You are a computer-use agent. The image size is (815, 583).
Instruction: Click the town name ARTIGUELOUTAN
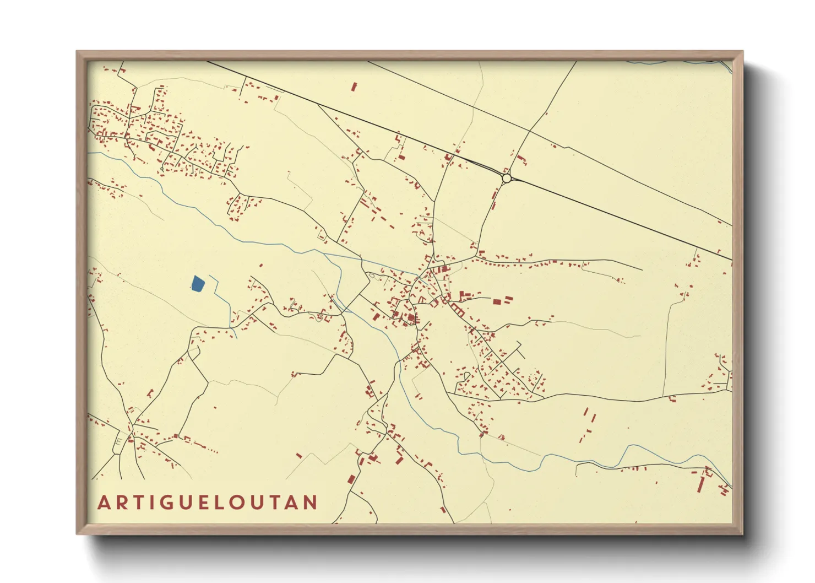(x=208, y=503)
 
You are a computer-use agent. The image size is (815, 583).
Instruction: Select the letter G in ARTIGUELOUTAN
(x=162, y=503)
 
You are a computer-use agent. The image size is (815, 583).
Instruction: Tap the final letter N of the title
(x=311, y=503)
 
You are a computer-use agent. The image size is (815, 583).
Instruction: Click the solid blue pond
(x=198, y=284)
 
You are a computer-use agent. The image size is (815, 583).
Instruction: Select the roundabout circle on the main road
(x=507, y=178)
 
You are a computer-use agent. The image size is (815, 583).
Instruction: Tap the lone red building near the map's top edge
(x=354, y=87)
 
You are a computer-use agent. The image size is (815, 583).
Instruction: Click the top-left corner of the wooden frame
(x=77, y=51)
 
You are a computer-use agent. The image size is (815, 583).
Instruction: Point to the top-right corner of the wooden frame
(x=742, y=51)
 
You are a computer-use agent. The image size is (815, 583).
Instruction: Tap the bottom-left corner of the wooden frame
(x=77, y=533)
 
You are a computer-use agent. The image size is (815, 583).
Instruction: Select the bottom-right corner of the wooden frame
(x=742, y=533)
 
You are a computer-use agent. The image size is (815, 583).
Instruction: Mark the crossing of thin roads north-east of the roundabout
(x=529, y=131)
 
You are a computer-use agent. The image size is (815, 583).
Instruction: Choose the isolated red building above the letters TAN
(x=299, y=456)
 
